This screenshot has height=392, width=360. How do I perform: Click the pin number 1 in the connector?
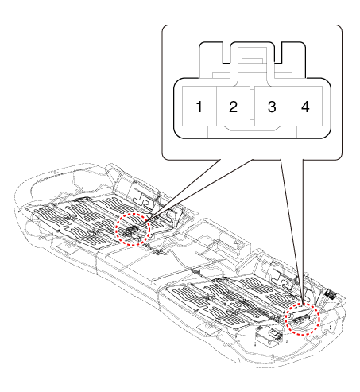point(199,107)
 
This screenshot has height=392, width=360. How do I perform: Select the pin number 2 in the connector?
point(233,107)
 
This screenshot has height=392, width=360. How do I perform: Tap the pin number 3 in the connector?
point(272,107)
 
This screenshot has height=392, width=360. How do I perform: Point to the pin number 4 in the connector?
point(305,107)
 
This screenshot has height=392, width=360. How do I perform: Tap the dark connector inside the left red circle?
point(130,231)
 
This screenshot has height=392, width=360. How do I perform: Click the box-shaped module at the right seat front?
point(269,336)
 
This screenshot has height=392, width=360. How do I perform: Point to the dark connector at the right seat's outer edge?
point(330,293)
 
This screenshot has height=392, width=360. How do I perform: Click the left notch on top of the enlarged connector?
point(226,52)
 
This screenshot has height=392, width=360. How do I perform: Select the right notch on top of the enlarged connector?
point(278,52)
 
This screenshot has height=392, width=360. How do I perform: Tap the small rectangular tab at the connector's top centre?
point(252,60)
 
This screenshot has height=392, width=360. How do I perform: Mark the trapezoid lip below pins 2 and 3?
point(252,128)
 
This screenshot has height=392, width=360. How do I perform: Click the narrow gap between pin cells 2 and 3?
point(252,107)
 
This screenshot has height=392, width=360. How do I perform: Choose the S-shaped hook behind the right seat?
point(281,279)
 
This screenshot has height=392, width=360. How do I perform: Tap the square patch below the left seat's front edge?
point(67,247)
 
